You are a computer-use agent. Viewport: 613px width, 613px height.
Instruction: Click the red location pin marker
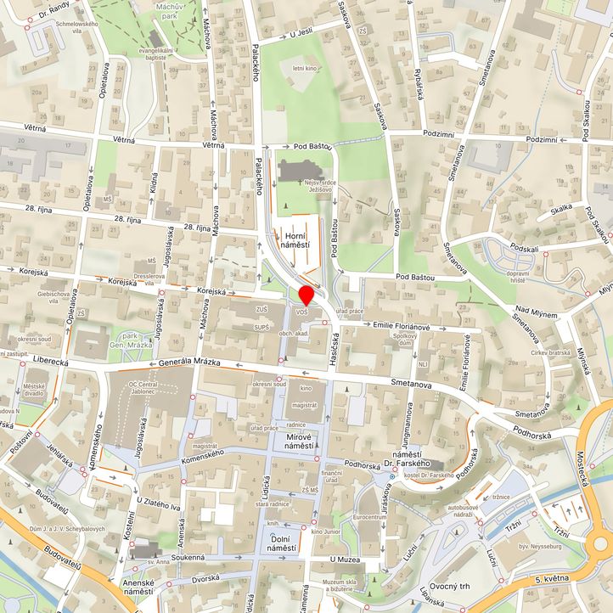306,295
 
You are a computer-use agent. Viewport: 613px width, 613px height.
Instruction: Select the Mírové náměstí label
300,439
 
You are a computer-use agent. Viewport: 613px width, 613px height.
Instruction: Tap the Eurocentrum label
369,516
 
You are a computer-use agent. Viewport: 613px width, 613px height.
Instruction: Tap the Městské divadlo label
34,389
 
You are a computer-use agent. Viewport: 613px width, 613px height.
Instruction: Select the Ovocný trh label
450,586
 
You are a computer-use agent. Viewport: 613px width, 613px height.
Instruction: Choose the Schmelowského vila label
82,28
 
